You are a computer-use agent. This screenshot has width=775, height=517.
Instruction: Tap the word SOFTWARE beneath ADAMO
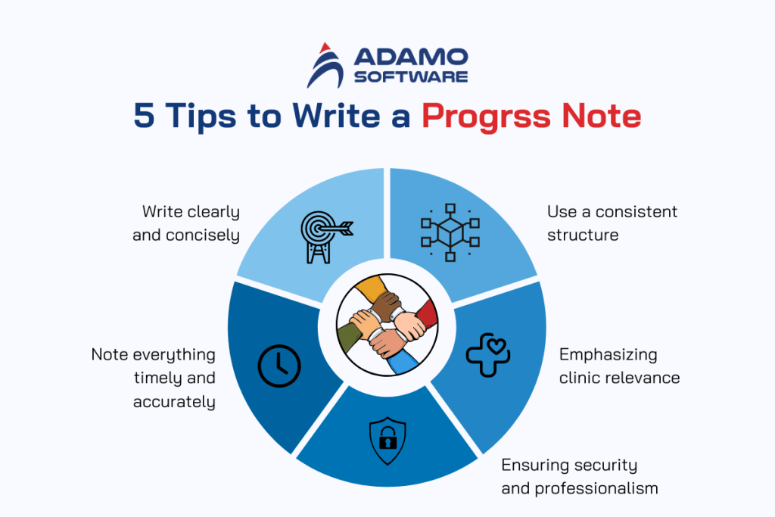coord(411,76)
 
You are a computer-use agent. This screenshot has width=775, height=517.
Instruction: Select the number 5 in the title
coord(144,117)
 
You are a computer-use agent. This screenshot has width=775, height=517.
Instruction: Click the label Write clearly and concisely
coord(186,223)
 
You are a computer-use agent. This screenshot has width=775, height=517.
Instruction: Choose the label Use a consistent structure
coord(612,223)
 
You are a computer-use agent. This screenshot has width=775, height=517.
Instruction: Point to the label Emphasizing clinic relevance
coord(619,366)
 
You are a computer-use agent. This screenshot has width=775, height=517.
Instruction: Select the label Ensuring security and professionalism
coord(579,476)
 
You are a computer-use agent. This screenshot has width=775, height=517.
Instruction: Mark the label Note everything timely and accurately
coord(154,378)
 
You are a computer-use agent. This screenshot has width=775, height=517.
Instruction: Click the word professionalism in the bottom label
coord(596,488)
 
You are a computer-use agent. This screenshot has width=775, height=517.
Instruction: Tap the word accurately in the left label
coord(174,402)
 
